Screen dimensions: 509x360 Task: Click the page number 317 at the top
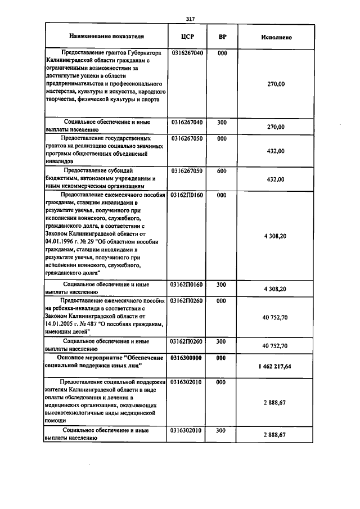pos(190,19)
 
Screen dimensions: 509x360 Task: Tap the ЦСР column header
pos(188,37)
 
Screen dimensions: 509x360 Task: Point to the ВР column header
pos(222,37)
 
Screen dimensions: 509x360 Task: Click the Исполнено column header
pos(276,37)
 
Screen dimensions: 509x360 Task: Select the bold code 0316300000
pos(187,358)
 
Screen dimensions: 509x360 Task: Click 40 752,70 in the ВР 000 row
pos(275,318)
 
